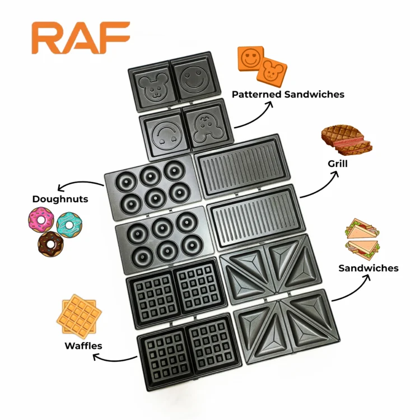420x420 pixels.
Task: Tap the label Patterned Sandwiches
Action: pos(288,94)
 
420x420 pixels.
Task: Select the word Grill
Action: pos(338,164)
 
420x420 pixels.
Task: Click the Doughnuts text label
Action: pos(60,199)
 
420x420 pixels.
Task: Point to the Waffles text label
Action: pos(83,346)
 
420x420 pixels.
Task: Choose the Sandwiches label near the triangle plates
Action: pos(368,268)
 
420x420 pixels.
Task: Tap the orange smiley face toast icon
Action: pos(250,59)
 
